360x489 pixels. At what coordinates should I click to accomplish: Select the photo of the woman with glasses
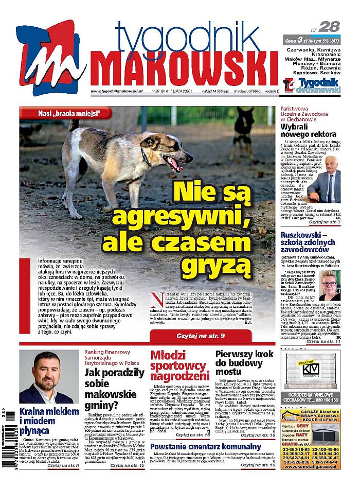tap(330, 286)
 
